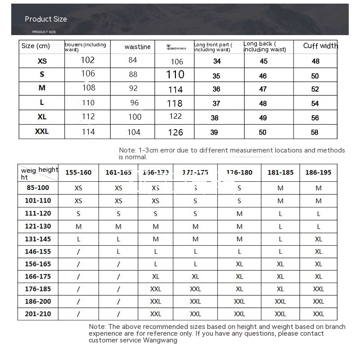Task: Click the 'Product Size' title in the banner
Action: click(x=46, y=19)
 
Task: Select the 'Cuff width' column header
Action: click(x=320, y=46)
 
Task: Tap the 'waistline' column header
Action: click(x=138, y=47)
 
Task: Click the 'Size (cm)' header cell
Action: click(x=36, y=46)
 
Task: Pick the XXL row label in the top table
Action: click(x=42, y=132)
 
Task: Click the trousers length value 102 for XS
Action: click(x=88, y=60)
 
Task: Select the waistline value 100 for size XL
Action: click(x=135, y=117)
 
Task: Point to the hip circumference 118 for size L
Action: click(x=175, y=103)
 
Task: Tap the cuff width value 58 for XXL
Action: click(x=315, y=132)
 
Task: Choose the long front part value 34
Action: click(x=217, y=61)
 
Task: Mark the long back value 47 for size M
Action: click(x=263, y=90)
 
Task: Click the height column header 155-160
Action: click(x=78, y=172)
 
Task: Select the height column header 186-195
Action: click(x=318, y=172)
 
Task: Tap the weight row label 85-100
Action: click(x=38, y=188)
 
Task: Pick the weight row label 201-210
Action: click(x=38, y=314)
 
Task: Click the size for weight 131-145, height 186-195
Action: click(x=319, y=239)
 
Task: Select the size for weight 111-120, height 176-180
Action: click(x=239, y=214)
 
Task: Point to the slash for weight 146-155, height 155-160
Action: click(x=78, y=252)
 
